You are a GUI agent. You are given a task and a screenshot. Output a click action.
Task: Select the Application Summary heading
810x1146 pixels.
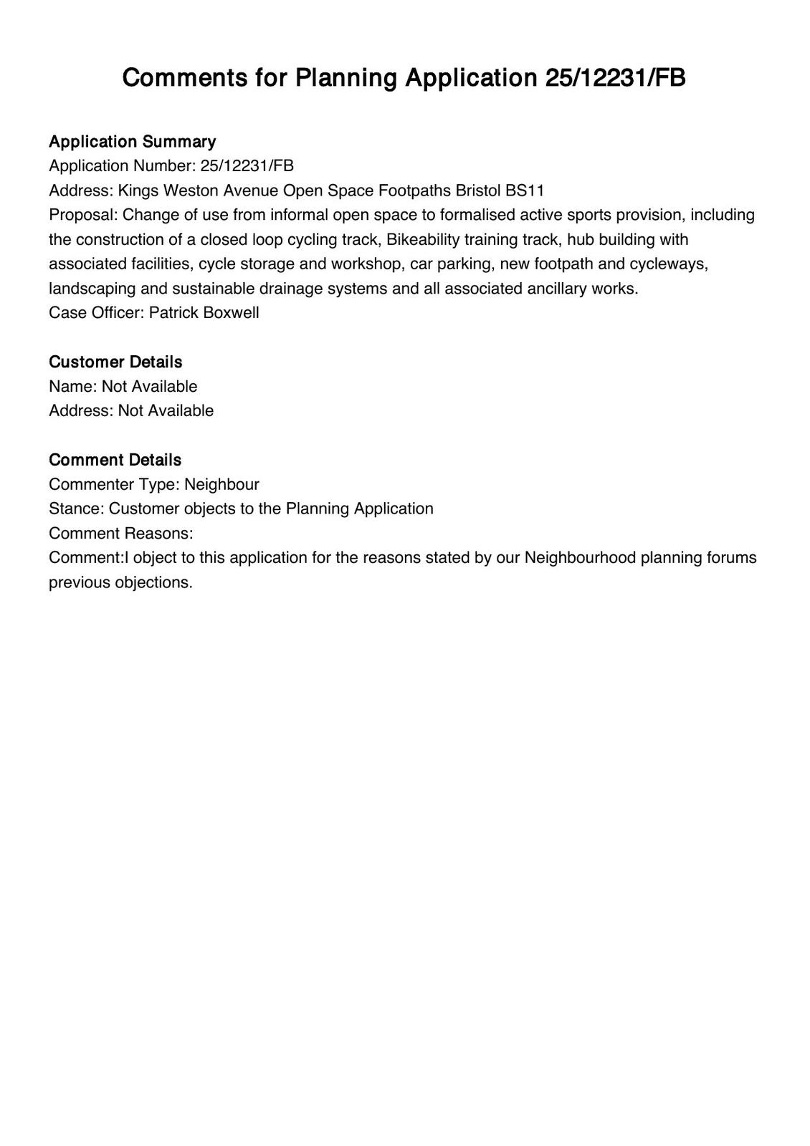point(132,142)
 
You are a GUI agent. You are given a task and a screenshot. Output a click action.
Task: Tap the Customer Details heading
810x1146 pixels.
point(115,362)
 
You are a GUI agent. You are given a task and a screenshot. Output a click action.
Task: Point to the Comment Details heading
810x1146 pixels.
point(115,460)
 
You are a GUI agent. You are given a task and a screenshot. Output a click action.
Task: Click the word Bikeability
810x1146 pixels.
point(422,239)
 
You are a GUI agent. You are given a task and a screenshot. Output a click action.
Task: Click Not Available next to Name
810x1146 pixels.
point(149,387)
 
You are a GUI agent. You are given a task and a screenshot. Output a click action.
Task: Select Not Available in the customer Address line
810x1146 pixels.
point(166,411)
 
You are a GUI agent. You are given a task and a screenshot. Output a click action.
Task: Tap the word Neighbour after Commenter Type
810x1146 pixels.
point(221,484)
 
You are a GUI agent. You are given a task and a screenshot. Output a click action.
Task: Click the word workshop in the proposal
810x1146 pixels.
point(363,264)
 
